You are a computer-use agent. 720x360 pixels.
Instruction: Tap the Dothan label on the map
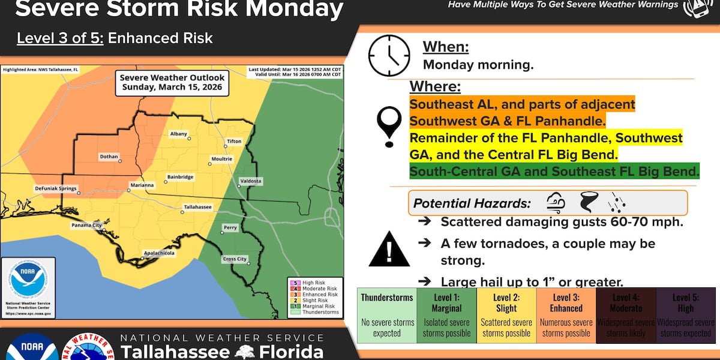(x=109, y=157)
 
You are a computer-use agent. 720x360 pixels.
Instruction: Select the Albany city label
(x=179, y=133)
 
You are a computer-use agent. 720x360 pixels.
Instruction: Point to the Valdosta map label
(x=251, y=180)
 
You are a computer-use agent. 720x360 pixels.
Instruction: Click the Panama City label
(x=86, y=225)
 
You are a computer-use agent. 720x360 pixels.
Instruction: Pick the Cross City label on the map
(x=235, y=259)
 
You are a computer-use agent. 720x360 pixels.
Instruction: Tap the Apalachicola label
(x=158, y=254)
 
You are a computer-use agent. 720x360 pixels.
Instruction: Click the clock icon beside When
(x=388, y=55)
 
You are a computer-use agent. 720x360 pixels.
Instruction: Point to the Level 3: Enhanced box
(x=566, y=316)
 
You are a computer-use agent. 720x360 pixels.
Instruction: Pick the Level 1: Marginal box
(x=446, y=316)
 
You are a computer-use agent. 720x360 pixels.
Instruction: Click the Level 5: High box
(x=685, y=316)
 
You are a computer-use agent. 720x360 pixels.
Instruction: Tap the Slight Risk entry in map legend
(x=319, y=300)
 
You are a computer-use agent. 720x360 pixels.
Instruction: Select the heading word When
(x=445, y=47)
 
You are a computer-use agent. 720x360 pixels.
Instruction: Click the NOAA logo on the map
(x=28, y=279)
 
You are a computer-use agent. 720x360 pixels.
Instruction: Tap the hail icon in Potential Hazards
(x=616, y=203)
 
